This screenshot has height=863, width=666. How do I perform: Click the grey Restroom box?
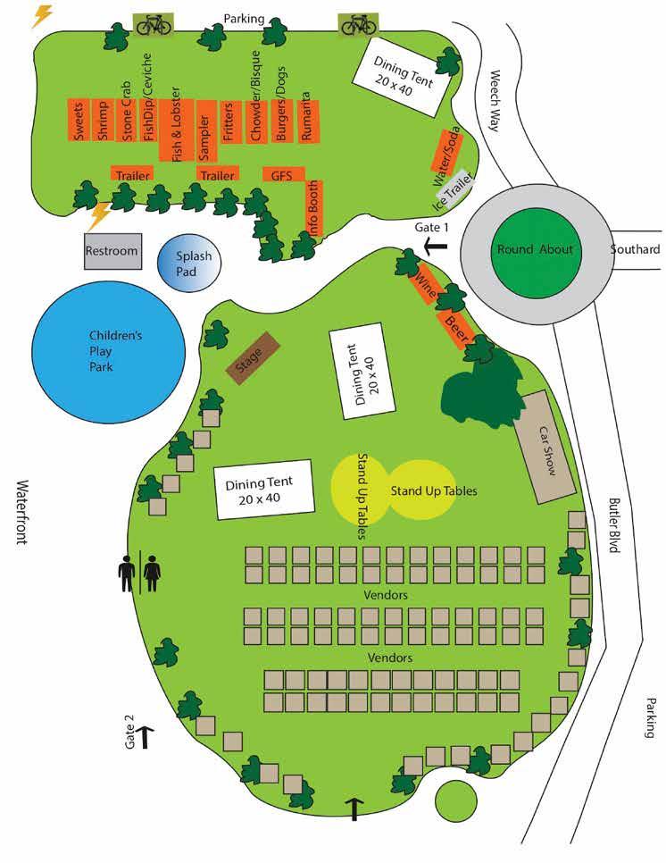(x=112, y=251)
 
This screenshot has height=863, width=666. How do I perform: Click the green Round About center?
(x=535, y=249)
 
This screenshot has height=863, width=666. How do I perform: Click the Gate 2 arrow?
(x=146, y=734)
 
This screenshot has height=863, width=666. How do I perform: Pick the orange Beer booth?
(x=456, y=323)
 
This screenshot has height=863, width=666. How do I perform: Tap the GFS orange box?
(x=283, y=174)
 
